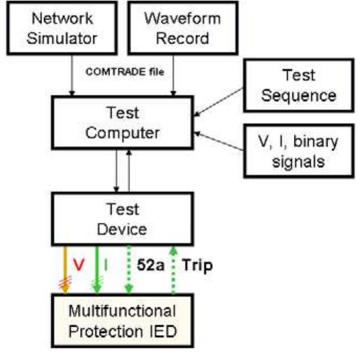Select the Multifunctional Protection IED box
(122, 320)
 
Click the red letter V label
(79, 265)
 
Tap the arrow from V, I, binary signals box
(220, 141)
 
